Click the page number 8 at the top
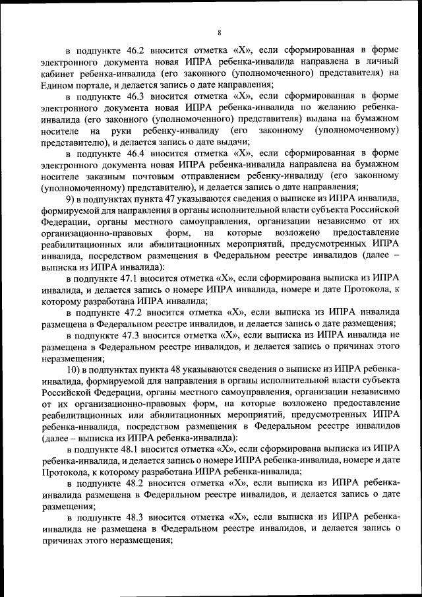click(x=218, y=30)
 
